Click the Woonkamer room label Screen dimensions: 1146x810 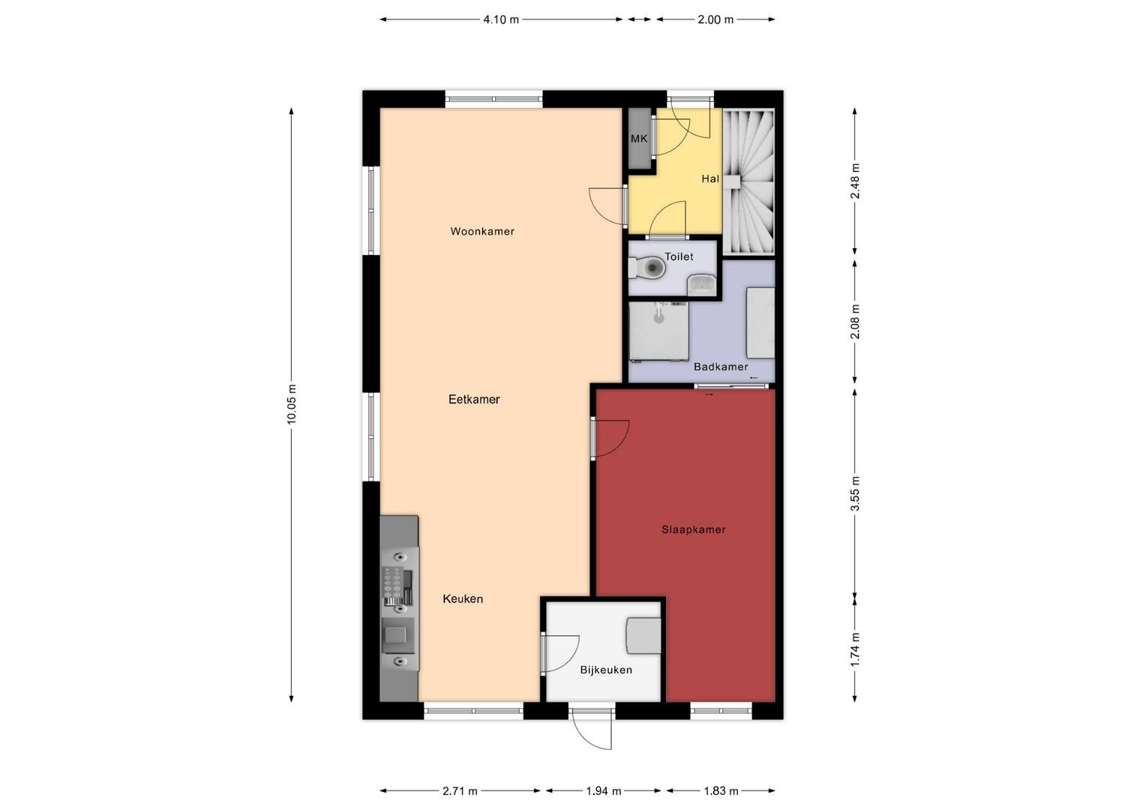[482, 231]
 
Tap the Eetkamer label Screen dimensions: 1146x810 [474, 399]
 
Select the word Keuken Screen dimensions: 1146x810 [463, 598]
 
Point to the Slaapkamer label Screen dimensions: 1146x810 [693, 529]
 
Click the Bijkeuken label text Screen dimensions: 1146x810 [606, 670]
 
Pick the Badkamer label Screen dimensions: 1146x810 [720, 367]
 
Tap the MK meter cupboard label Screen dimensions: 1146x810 [639, 139]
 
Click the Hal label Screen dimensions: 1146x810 [710, 178]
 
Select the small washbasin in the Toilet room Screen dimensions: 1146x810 [701, 284]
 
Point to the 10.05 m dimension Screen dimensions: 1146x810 [291, 404]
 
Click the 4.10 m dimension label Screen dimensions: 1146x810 [501, 19]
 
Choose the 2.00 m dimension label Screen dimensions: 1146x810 [715, 19]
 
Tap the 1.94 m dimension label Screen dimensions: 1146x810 [603, 791]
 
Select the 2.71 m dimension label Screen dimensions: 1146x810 [460, 791]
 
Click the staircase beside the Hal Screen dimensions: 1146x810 [749, 181]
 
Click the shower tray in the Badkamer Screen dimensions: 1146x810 [658, 331]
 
